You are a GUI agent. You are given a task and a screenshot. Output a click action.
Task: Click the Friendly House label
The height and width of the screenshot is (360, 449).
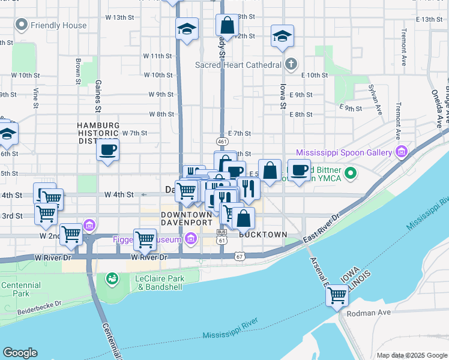click(x=58, y=25)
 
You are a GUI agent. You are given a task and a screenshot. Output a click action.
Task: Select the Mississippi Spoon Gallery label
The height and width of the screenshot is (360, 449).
click(x=344, y=152)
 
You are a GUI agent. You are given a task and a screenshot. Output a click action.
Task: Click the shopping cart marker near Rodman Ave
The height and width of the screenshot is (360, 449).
click(x=337, y=295)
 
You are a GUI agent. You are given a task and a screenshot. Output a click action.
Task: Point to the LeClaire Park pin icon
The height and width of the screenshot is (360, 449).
click(x=112, y=279)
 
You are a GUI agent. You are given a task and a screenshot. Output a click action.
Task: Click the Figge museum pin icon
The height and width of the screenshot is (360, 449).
click(x=191, y=240)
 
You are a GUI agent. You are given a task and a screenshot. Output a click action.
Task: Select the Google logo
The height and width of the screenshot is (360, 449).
click(x=20, y=353)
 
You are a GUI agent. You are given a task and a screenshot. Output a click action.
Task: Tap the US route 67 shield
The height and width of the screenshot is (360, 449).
click(x=240, y=257)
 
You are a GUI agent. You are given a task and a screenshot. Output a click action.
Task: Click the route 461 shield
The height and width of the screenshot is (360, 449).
click(x=223, y=142)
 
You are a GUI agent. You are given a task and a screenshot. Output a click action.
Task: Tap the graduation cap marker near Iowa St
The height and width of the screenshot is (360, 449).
click(x=282, y=36)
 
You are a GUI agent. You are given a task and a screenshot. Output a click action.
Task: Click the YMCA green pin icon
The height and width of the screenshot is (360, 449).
click(x=354, y=175)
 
